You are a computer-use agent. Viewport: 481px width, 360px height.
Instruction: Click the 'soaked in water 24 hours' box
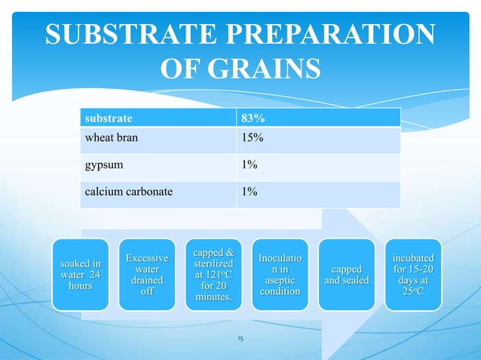point(81,275)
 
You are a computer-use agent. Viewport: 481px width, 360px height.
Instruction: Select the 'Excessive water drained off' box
point(147,275)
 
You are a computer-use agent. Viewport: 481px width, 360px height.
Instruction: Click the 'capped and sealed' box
point(346,275)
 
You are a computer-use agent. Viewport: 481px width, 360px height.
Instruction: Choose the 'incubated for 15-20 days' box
point(411,275)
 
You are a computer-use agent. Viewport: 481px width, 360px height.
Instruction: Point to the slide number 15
point(240,340)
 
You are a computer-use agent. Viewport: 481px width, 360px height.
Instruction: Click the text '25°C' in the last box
point(411,292)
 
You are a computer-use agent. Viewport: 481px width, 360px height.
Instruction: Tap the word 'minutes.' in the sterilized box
point(213,299)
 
